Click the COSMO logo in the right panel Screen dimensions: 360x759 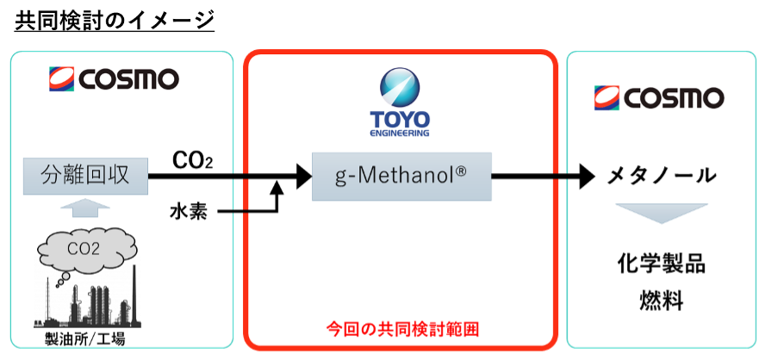[657, 97]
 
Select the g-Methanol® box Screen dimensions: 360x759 [401, 177]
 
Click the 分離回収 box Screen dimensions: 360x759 [85, 177]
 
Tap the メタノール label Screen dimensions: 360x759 [662, 177]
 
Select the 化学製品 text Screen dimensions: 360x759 [661, 264]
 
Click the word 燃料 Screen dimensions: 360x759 [661, 300]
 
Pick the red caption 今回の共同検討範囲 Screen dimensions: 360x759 [401, 328]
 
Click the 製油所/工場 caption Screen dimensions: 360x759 [84, 338]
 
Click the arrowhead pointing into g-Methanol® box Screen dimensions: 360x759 [302, 177]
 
